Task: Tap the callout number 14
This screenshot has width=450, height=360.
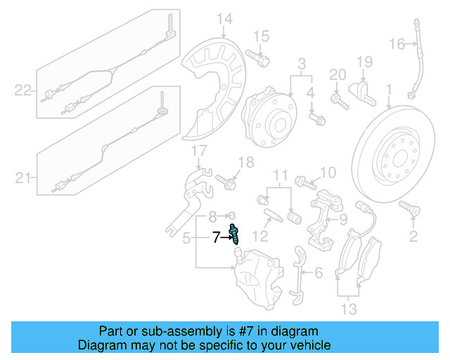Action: click(x=224, y=19)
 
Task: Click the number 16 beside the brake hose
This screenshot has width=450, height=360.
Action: click(x=397, y=44)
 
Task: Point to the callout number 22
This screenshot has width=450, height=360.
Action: click(x=23, y=89)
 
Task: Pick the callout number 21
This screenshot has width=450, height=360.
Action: click(x=23, y=179)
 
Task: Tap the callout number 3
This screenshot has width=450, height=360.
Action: click(x=303, y=65)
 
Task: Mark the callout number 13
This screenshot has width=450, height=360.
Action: click(x=348, y=309)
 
